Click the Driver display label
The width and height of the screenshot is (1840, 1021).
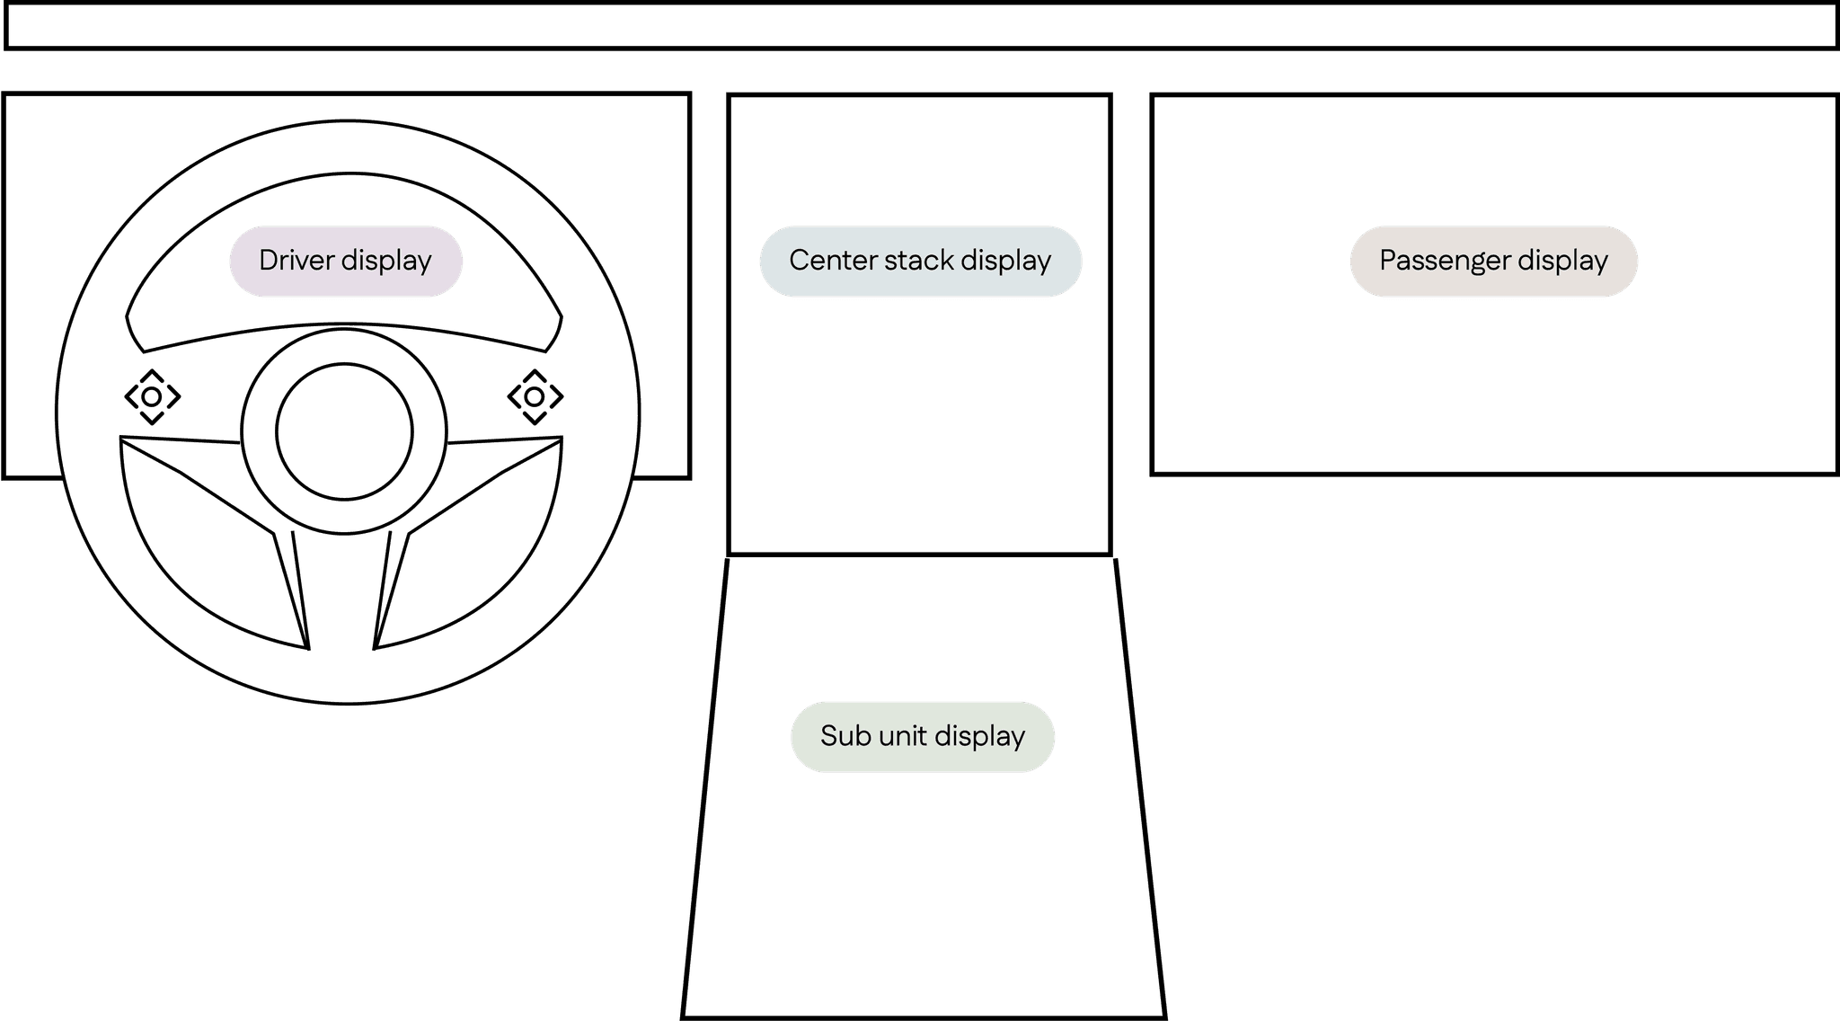coord(346,261)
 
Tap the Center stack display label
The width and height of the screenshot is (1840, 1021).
coord(920,261)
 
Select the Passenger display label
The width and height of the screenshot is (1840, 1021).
coord(1493,261)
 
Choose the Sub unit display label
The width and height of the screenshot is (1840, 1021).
coord(923,736)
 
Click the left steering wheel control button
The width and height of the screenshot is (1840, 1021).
coord(152,396)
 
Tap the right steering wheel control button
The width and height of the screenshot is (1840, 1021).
coord(535,396)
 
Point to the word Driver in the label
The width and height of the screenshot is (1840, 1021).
coord(297,261)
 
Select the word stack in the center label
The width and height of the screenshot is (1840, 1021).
coord(918,261)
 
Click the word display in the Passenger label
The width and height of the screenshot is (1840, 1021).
coord(1562,261)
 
